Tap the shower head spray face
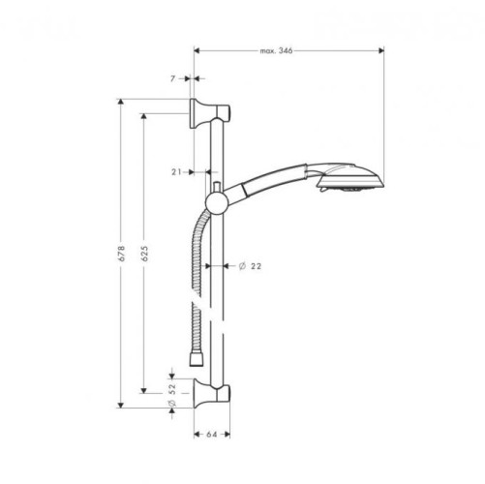(x=369, y=182)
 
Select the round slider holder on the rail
(x=217, y=199)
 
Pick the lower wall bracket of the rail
(x=211, y=391)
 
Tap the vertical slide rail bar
(x=218, y=290)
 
